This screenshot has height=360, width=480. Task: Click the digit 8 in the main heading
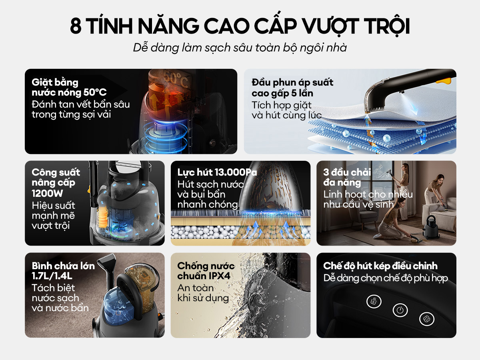[76, 26]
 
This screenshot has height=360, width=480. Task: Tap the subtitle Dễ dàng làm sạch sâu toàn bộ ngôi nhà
[240, 48]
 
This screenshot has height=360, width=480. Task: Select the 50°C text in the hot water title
[95, 92]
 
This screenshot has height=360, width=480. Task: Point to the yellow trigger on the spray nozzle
[444, 81]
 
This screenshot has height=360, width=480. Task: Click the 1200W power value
[47, 193]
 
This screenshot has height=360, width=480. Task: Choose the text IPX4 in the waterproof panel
[219, 276]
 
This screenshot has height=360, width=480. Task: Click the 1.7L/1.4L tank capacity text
[52, 276]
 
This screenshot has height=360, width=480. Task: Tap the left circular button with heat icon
[374, 302]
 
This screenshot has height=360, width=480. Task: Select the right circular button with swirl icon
[427, 319]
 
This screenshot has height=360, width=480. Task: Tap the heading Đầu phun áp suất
[292, 82]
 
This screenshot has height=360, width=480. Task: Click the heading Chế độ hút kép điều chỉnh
[380, 266]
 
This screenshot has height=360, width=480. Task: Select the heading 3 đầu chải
[347, 172]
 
